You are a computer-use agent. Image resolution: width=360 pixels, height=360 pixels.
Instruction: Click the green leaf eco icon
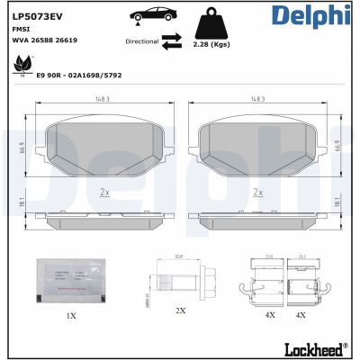(x=19, y=65)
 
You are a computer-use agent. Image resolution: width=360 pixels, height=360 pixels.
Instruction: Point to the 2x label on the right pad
(x=257, y=192)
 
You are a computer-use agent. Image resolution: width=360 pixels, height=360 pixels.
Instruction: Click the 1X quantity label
(x=71, y=317)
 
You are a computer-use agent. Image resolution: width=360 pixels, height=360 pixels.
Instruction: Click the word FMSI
(x=21, y=29)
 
